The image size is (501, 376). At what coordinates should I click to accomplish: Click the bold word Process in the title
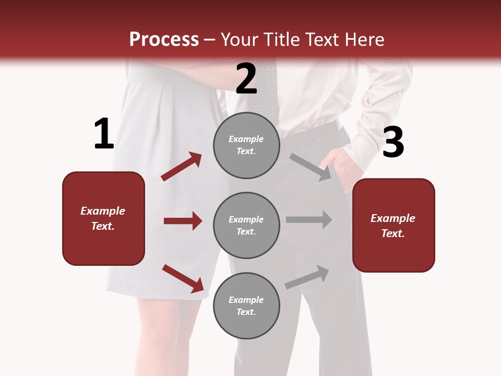[164, 39]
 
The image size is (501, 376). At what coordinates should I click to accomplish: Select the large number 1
[104, 134]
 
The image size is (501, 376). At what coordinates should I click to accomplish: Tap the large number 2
[246, 79]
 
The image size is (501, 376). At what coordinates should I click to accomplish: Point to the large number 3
[393, 142]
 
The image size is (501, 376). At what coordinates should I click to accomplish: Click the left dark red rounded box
[103, 218]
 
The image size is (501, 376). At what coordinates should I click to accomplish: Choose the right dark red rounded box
[393, 225]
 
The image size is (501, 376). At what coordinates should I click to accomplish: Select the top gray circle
[246, 145]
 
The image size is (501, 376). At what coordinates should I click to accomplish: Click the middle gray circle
[246, 225]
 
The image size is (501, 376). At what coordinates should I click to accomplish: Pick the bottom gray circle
[246, 305]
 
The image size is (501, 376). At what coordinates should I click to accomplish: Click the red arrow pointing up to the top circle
[181, 167]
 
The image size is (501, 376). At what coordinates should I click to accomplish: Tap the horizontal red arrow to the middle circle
[183, 221]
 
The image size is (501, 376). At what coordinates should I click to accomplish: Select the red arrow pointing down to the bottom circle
[183, 278]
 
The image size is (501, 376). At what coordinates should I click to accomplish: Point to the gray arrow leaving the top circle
[311, 167]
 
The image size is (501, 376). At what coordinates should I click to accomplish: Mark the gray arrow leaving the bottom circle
[307, 277]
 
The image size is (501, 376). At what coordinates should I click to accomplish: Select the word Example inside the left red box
[103, 211]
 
